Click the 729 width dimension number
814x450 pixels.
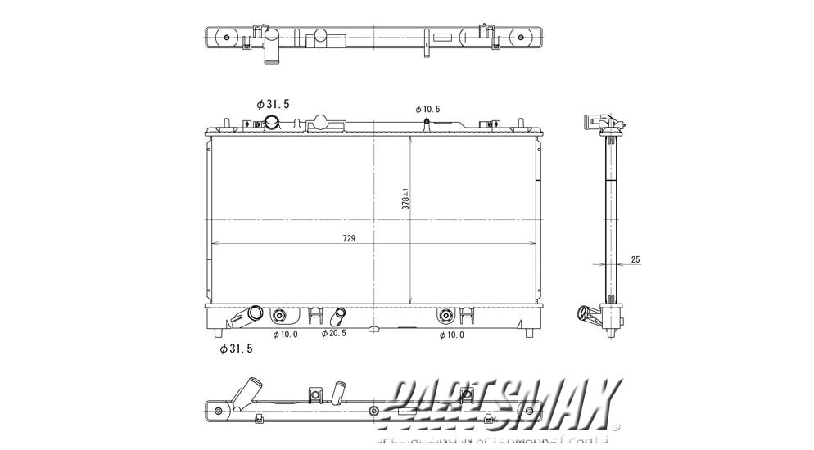(x=349, y=238)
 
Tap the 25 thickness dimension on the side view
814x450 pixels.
(x=635, y=259)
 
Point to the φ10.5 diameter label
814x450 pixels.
(x=427, y=109)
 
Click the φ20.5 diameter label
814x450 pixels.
(x=334, y=333)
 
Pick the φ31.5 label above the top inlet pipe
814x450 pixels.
(x=273, y=104)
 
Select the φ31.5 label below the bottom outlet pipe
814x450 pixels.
(x=237, y=349)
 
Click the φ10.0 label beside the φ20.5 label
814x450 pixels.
(x=285, y=334)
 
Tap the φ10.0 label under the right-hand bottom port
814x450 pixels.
(x=453, y=335)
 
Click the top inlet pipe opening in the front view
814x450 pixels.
(x=272, y=123)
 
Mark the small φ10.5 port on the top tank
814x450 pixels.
(x=427, y=124)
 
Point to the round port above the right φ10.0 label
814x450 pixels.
(x=445, y=315)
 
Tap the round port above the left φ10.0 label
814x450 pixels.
(x=280, y=315)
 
